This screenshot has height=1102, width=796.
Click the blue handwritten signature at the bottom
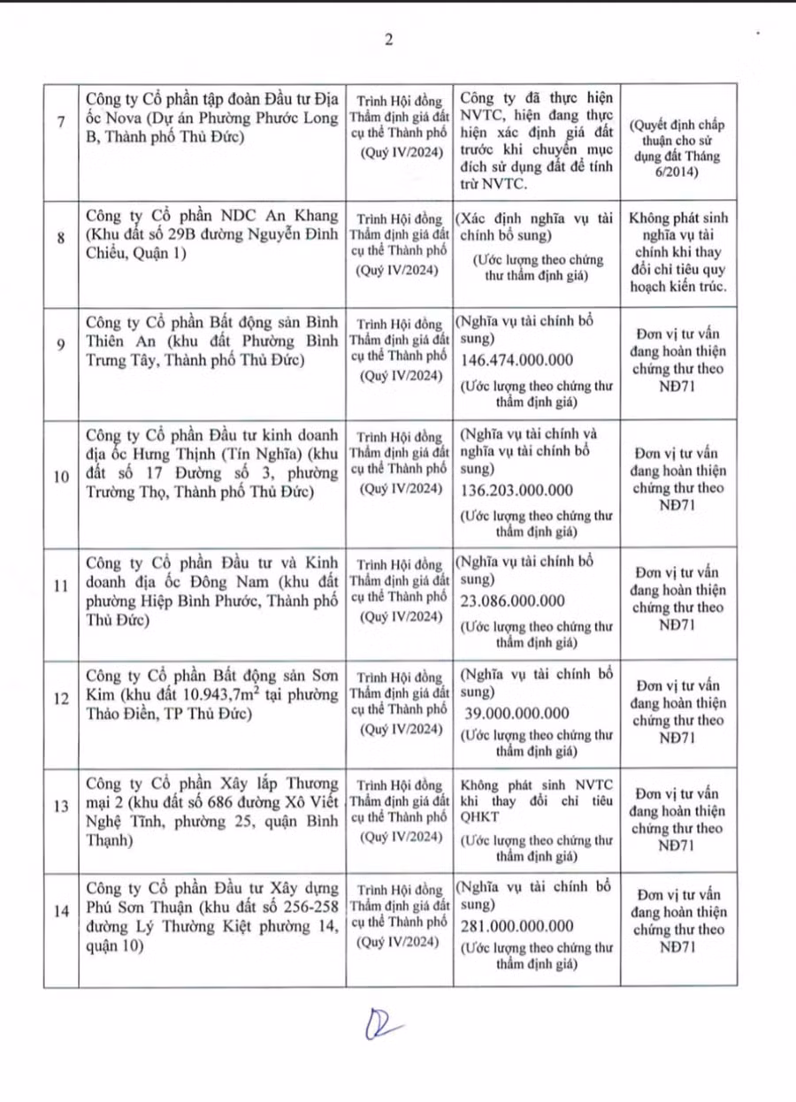pos(383,1026)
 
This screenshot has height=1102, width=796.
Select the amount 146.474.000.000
pos(517,361)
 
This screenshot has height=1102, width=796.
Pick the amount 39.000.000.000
pos(517,714)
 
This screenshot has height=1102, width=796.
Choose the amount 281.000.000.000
pos(517,926)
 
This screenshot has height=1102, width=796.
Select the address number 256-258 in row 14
pos(310,908)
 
